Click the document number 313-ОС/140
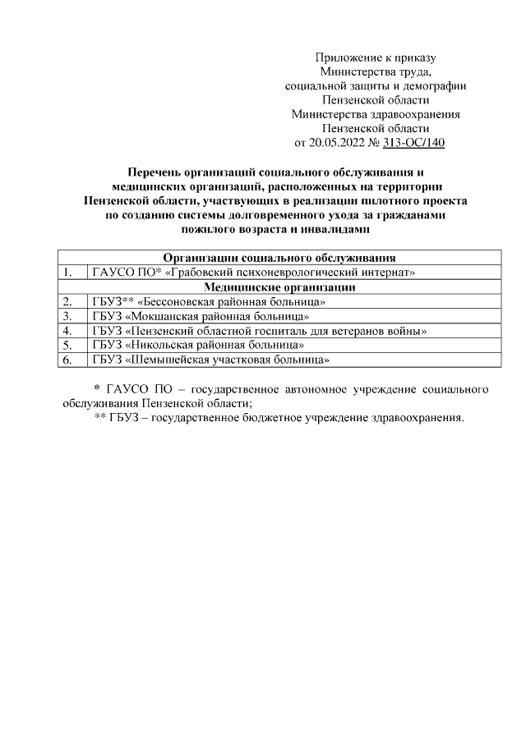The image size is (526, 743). click(414, 143)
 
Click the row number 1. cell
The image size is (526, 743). click(70, 272)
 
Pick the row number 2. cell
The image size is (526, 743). click(70, 301)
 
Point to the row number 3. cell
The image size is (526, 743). click(70, 316)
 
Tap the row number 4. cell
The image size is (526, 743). click(70, 330)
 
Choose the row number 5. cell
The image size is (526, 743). click(70, 345)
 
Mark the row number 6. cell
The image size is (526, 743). click(70, 360)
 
